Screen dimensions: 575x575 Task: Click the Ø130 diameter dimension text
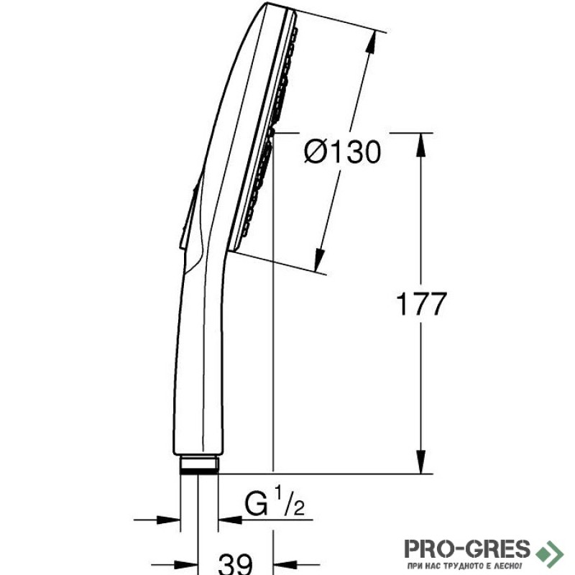tap(343, 152)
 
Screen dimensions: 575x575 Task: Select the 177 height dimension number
tap(422, 304)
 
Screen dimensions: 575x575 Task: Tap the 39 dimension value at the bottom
tap(235, 564)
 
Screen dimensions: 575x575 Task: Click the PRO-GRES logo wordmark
tap(467, 548)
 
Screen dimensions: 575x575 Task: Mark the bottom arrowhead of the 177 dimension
tap(421, 461)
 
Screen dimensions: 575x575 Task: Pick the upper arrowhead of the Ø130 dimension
tap(371, 42)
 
